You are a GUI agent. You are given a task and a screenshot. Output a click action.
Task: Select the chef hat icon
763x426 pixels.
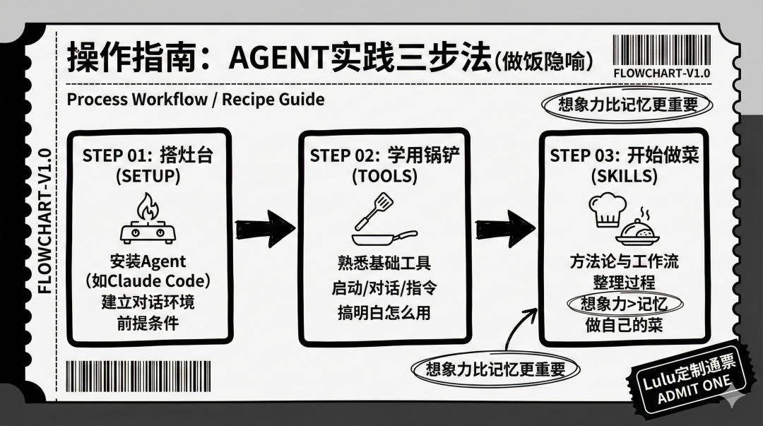point(606,210)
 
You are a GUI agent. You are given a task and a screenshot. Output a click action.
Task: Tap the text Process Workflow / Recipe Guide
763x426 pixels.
point(196,99)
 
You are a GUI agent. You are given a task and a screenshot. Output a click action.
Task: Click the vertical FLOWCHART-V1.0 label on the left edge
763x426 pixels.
point(44,221)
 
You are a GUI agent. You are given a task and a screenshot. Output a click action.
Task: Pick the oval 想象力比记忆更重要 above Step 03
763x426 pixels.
point(627,105)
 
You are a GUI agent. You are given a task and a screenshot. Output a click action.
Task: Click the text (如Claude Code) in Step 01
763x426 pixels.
point(148,281)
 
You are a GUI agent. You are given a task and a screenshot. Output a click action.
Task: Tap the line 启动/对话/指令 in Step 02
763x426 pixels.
point(384,288)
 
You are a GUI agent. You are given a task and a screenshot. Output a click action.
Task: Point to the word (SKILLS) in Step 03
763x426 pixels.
point(625,176)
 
